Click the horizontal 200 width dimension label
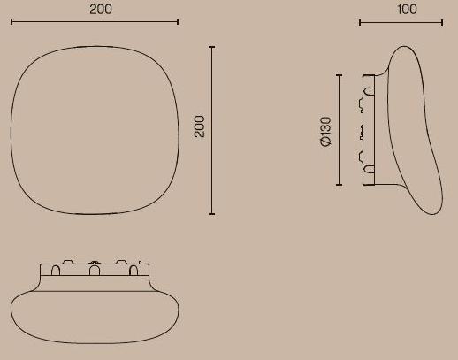pos(101,9)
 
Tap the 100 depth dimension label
pos(407,9)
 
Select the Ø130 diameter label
pos(326,131)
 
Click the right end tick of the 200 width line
pos(178,21)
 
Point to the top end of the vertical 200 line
pos(211,46)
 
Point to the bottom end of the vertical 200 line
pos(211,214)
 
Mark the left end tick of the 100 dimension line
pos(360,22)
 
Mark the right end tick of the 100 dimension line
pos(442,22)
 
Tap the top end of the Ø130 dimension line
pos(339,75)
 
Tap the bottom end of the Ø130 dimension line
pos(339,186)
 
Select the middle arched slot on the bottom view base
pos(94,270)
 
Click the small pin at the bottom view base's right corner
pos(138,262)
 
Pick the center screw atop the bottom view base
pos(94,262)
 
